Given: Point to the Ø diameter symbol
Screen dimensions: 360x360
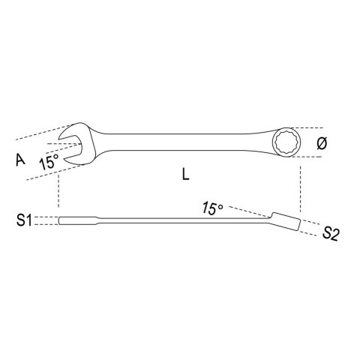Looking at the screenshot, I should click(x=323, y=143).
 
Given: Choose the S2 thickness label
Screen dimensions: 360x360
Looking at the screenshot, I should click(x=331, y=235).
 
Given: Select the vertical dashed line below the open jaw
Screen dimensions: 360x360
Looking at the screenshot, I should click(x=57, y=191).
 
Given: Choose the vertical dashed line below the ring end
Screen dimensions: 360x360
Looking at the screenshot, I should click(x=303, y=187).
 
